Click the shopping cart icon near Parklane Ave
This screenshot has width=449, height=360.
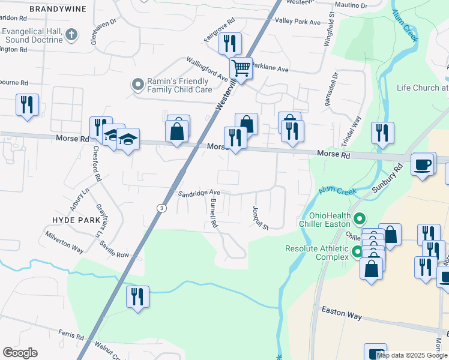(x=241, y=68)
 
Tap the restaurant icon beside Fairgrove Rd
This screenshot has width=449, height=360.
(x=230, y=44)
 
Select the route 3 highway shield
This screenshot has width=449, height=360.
(x=161, y=208)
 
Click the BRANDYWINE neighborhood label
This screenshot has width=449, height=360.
(x=58, y=10)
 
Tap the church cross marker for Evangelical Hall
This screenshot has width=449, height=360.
(x=72, y=35)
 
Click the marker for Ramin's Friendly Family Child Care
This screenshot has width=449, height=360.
(x=139, y=85)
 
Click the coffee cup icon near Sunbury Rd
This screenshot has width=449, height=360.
(x=423, y=164)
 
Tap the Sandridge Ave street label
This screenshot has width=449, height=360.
(x=199, y=193)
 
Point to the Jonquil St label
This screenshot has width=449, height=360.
(x=260, y=217)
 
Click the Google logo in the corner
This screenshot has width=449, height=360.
(x=20, y=352)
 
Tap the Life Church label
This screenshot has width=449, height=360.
(x=422, y=88)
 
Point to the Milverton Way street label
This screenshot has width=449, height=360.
(x=64, y=241)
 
